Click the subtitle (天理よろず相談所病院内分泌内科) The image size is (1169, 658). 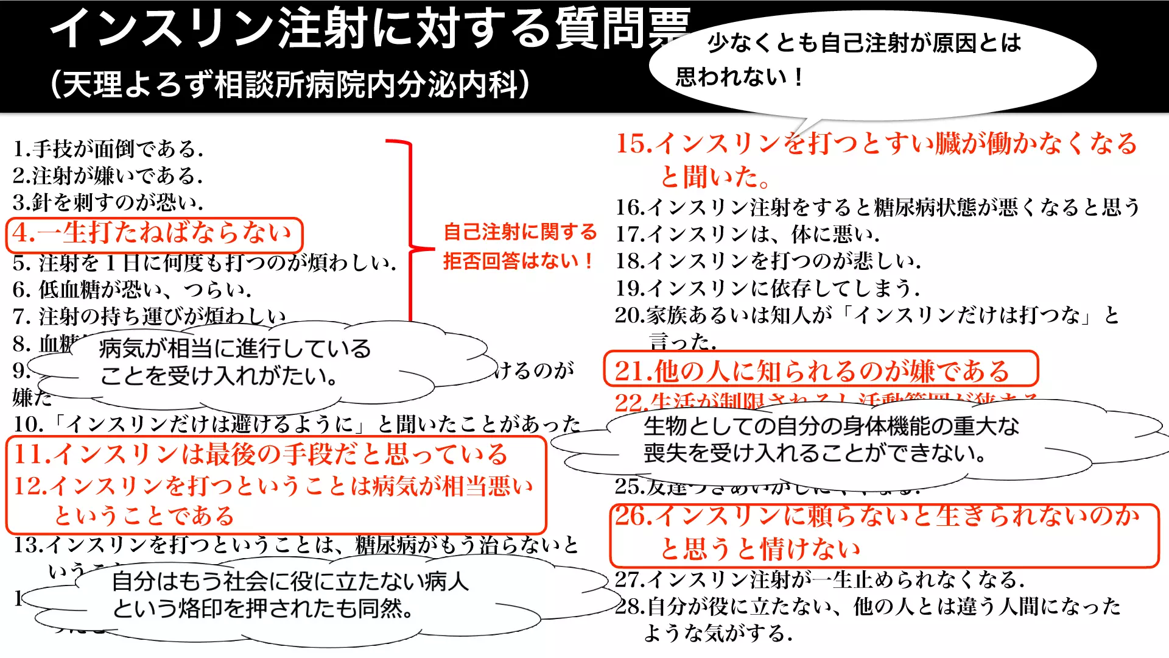tap(290, 84)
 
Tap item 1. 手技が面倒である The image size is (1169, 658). tap(108, 148)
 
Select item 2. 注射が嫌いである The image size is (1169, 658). tap(108, 175)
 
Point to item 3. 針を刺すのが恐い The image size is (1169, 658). tap(108, 202)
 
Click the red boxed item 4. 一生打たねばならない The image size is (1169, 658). tap(153, 233)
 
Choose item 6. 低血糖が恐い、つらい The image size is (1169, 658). tap(132, 289)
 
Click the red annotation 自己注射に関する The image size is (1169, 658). tap(520, 232)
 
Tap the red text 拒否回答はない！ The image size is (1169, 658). tap(519, 261)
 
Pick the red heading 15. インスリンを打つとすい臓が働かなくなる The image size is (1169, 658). tap(876, 144)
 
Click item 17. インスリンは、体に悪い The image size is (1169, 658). tap(747, 234)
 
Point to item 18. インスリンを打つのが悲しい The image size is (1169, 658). tap(768, 261)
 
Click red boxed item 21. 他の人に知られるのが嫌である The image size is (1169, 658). tap(812, 370)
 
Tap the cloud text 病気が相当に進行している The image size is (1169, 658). tap(235, 348)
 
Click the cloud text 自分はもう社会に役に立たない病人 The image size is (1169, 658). tap(290, 581)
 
